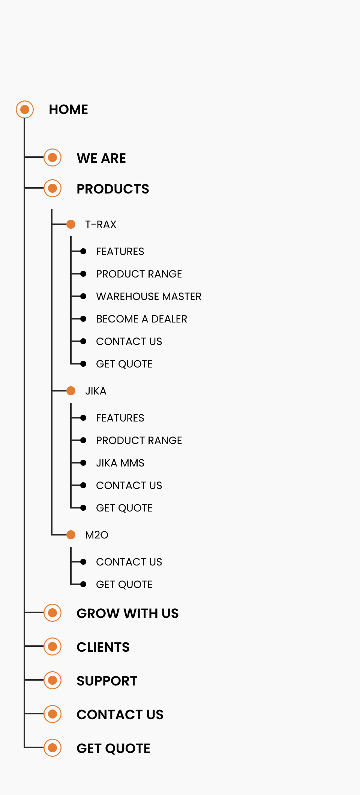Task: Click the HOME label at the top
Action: [69, 109]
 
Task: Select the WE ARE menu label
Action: [101, 158]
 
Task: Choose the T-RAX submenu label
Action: [101, 224]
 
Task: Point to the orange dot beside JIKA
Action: [71, 391]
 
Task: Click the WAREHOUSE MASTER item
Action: [149, 296]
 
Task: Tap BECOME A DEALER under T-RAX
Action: [142, 319]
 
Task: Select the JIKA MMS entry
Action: [120, 463]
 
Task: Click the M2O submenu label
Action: [97, 535]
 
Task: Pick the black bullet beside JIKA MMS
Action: [83, 463]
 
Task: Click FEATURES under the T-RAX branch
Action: [120, 251]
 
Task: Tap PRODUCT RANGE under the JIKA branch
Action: [139, 440]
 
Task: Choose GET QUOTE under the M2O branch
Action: [124, 584]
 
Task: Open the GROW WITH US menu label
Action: [128, 613]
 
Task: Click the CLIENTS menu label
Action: [103, 647]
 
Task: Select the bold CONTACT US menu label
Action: [120, 715]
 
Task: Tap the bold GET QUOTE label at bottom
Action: [114, 748]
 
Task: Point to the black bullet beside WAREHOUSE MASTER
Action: [83, 296]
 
